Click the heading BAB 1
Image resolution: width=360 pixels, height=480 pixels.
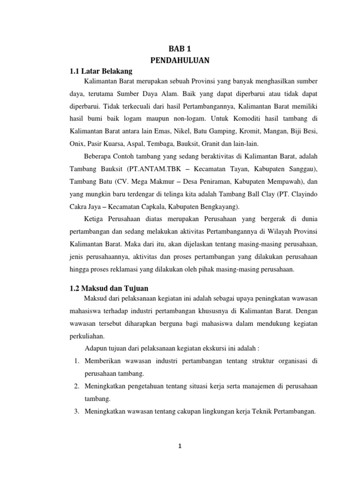[x=180, y=48]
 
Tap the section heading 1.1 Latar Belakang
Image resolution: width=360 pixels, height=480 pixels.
[x=101, y=71]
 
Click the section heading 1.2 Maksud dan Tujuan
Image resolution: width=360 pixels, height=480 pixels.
[x=109, y=288]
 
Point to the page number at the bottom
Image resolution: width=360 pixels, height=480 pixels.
[x=180, y=446]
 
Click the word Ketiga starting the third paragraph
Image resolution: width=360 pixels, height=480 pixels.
[x=95, y=219]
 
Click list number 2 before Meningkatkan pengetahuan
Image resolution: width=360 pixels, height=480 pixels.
[x=76, y=386]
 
